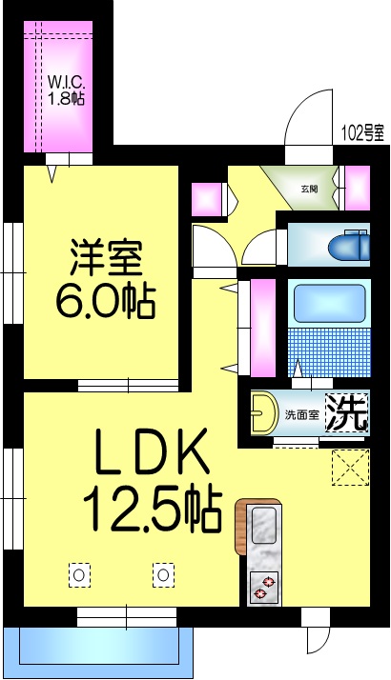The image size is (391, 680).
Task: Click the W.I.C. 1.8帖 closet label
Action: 67,88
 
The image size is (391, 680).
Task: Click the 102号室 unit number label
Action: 363,134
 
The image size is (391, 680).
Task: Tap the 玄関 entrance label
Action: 311,187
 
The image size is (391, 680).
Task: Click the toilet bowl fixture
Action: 349,247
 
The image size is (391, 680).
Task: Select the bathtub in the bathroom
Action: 328,304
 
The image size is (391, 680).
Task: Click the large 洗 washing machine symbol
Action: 348,412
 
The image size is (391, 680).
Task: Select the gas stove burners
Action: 262,588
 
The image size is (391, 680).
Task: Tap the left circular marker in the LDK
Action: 80,574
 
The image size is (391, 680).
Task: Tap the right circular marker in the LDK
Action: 164,574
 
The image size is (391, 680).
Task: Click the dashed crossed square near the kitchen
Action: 349,467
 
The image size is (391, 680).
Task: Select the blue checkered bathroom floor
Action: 328,353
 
